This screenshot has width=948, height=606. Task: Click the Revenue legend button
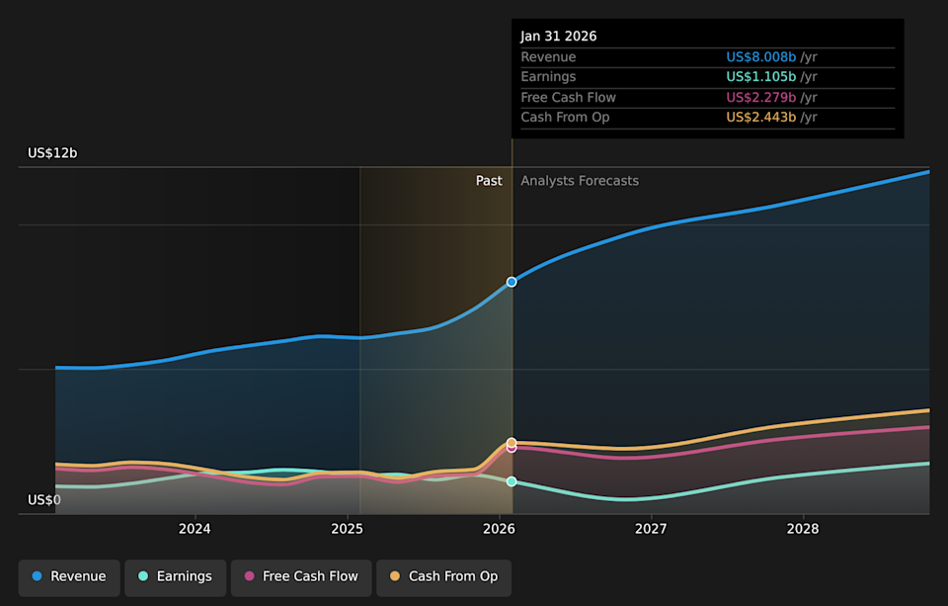click(x=69, y=576)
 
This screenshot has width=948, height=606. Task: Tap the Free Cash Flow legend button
click(x=301, y=576)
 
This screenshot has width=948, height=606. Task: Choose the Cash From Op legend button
click(x=443, y=576)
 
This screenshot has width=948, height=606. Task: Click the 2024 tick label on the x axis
click(x=196, y=530)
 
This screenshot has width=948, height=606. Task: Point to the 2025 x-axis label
click(x=348, y=530)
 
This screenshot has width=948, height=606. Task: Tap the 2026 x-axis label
click(x=500, y=530)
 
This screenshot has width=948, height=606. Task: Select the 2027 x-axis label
click(x=651, y=530)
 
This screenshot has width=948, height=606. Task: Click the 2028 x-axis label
click(x=803, y=530)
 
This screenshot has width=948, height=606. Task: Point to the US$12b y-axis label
click(x=52, y=153)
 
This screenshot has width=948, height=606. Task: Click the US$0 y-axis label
click(x=44, y=500)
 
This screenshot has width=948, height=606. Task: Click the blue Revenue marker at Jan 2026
click(x=512, y=282)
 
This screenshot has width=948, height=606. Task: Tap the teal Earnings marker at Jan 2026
click(x=512, y=481)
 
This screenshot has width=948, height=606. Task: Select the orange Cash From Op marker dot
click(x=512, y=442)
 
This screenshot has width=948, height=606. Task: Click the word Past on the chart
click(x=489, y=181)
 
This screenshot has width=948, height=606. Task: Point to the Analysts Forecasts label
click(x=580, y=181)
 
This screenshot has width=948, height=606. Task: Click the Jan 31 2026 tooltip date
click(x=559, y=37)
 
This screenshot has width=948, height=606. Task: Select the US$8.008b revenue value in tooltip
click(x=761, y=57)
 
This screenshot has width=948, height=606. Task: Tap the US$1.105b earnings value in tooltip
click(x=761, y=77)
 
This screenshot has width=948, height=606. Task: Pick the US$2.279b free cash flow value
click(x=761, y=98)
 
